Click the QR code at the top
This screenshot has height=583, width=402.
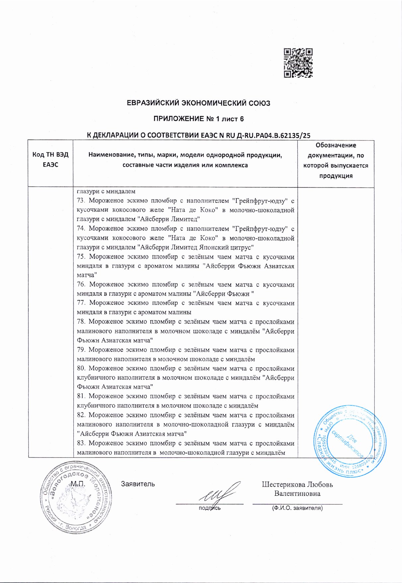pos(298,63)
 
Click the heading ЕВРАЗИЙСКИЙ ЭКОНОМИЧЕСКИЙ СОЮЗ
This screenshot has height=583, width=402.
pos(199,103)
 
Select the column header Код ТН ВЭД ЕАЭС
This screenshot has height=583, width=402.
pos(50,160)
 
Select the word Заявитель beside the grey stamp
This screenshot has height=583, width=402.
pos(138,484)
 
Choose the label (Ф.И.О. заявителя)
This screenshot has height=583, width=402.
pos(297,508)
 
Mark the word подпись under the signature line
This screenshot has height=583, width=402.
pos(209,508)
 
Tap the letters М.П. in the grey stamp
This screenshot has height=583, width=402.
pos(78,484)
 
